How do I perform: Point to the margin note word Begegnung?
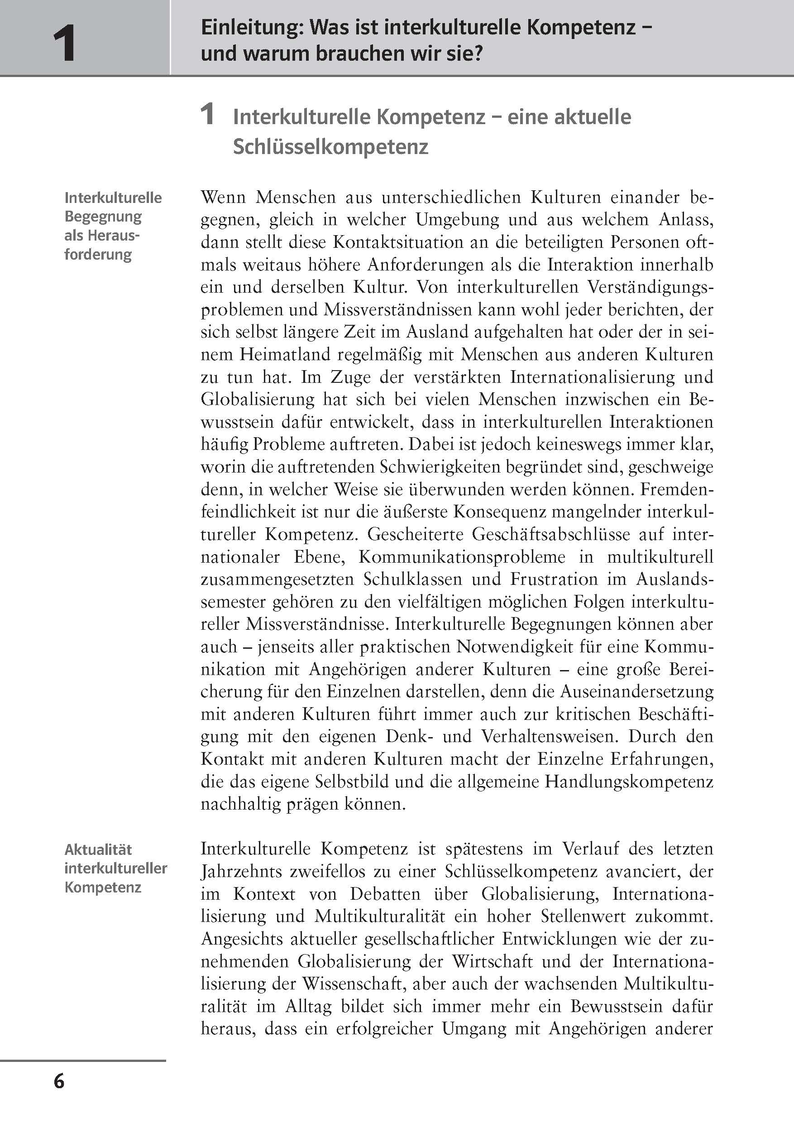tap(103, 217)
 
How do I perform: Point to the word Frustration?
tap(554, 579)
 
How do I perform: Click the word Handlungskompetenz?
tap(629, 781)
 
